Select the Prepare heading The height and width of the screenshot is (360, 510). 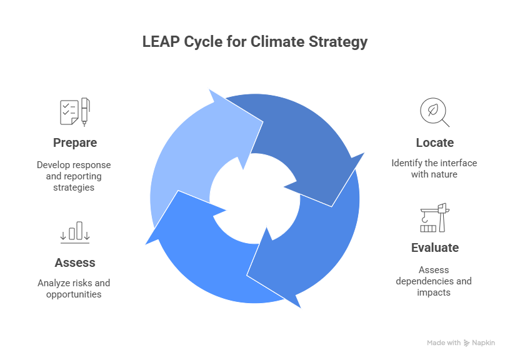[74, 142]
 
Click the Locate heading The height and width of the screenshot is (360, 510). [434, 142]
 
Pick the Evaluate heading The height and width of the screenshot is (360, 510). [434, 247]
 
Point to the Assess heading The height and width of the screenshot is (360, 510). [74, 262]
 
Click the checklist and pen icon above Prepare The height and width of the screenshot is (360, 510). [74, 112]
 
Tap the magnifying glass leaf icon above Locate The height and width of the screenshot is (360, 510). [434, 112]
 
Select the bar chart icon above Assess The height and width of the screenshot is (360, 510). [75, 231]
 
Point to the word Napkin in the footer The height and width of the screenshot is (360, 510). [484, 343]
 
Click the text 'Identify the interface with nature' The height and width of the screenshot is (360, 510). [434, 169]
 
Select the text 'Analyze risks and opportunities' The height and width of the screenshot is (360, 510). [74, 288]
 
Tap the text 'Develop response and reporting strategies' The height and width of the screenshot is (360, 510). [74, 176]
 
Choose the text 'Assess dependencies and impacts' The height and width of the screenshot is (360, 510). [434, 281]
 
